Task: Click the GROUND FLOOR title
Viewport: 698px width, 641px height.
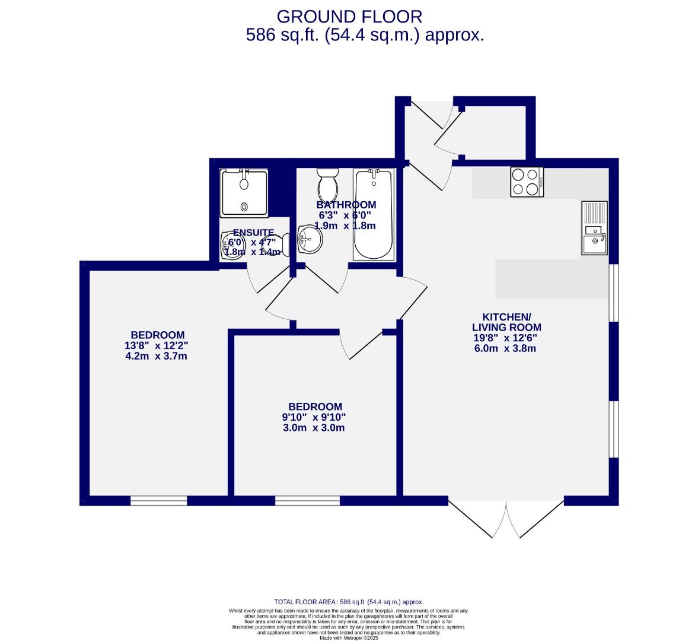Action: click(x=349, y=16)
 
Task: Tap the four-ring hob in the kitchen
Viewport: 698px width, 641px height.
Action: click(x=527, y=182)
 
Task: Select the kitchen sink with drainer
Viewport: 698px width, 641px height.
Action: click(x=594, y=228)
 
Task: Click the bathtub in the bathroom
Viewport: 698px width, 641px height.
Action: click(x=373, y=214)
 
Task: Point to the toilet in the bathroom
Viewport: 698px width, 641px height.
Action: click(x=327, y=185)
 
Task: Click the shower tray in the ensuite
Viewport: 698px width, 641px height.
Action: click(x=244, y=192)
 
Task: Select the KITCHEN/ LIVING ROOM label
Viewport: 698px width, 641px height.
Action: click(x=506, y=322)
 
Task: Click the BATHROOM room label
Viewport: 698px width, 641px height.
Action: click(x=346, y=205)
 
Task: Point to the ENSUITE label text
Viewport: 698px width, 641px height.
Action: click(x=253, y=233)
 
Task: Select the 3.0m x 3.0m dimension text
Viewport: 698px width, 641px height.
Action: click(x=314, y=428)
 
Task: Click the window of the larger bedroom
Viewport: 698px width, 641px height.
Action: click(x=158, y=500)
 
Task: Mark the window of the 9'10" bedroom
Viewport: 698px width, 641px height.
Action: click(x=307, y=500)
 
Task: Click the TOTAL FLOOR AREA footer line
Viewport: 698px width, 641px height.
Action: click(x=349, y=601)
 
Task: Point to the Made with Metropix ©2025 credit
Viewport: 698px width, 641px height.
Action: click(x=349, y=638)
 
